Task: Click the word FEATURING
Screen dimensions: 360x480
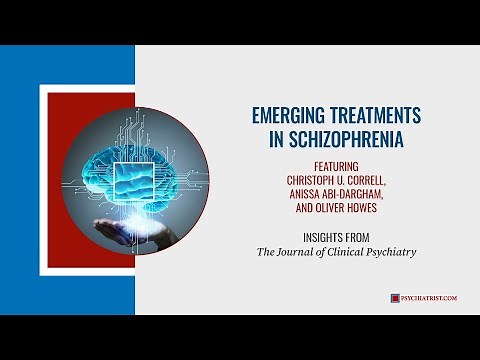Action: (327, 166)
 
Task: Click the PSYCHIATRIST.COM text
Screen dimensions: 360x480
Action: (429, 298)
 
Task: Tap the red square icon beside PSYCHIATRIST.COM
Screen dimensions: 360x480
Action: (395, 298)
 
